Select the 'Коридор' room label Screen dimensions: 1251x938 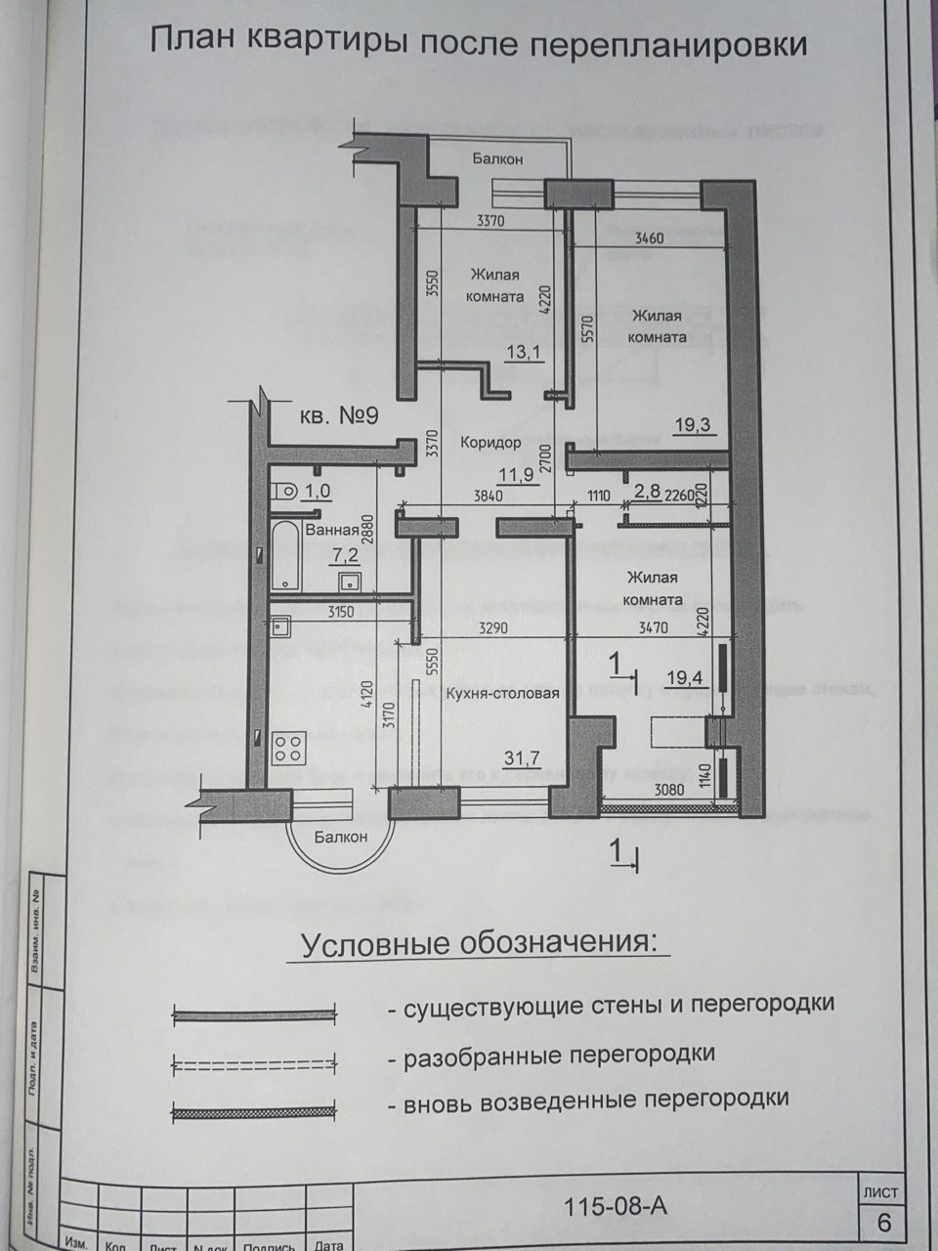(x=490, y=443)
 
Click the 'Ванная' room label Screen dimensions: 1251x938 (x=331, y=531)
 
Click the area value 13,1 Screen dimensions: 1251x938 (x=524, y=353)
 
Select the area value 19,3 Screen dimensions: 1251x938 (x=694, y=424)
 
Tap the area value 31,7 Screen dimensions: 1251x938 (x=523, y=756)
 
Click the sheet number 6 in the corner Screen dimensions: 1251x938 (x=884, y=1222)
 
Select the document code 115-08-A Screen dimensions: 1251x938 (x=616, y=1206)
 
